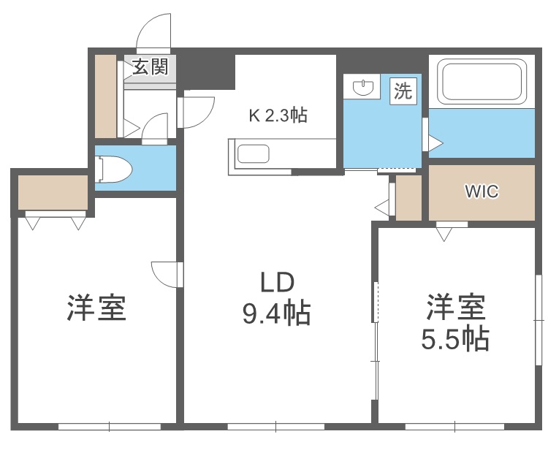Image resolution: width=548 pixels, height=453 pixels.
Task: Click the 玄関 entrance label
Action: click(x=150, y=67)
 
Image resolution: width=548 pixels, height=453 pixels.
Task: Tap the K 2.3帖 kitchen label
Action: click(x=278, y=114)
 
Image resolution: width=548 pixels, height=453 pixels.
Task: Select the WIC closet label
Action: click(x=482, y=192)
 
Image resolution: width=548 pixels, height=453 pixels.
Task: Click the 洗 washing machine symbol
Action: click(x=403, y=91)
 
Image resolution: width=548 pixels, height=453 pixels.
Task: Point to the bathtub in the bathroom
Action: click(x=482, y=81)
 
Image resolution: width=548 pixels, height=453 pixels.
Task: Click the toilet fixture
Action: click(x=114, y=169)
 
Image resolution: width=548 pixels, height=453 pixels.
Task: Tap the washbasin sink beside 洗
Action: click(x=363, y=88)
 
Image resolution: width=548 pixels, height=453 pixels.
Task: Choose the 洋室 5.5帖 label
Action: click(x=457, y=321)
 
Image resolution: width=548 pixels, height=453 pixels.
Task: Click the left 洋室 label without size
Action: click(x=96, y=308)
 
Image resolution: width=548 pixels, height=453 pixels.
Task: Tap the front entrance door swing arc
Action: click(x=154, y=31)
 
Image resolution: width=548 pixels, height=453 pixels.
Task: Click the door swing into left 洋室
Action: click(x=165, y=274)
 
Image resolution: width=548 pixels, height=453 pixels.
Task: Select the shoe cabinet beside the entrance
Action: click(x=105, y=95)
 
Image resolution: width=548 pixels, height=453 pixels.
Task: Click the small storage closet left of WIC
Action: click(x=408, y=198)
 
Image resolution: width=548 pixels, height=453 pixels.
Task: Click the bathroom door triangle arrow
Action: click(x=435, y=143)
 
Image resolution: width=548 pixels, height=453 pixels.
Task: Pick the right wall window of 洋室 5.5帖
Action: click(x=539, y=307)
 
